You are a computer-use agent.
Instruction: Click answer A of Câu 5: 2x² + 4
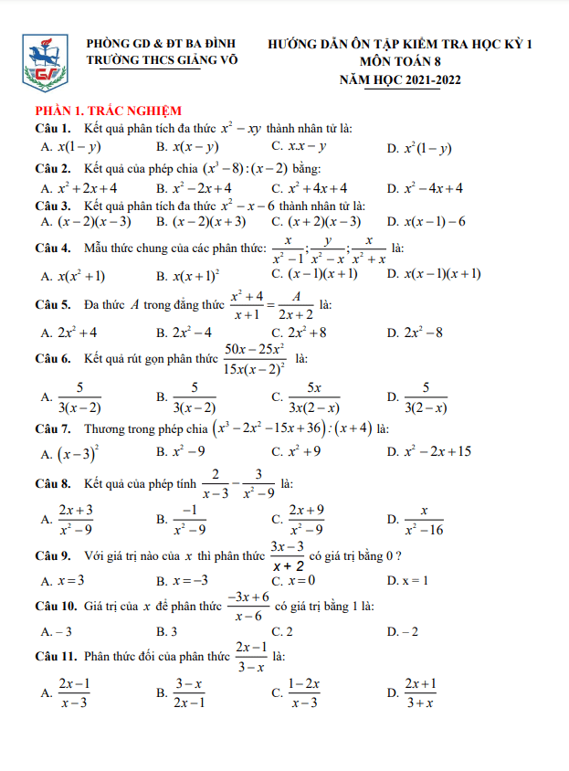(70, 333)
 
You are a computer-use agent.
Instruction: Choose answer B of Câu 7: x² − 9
(188, 451)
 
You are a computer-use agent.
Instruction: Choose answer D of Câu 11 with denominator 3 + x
(418, 693)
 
